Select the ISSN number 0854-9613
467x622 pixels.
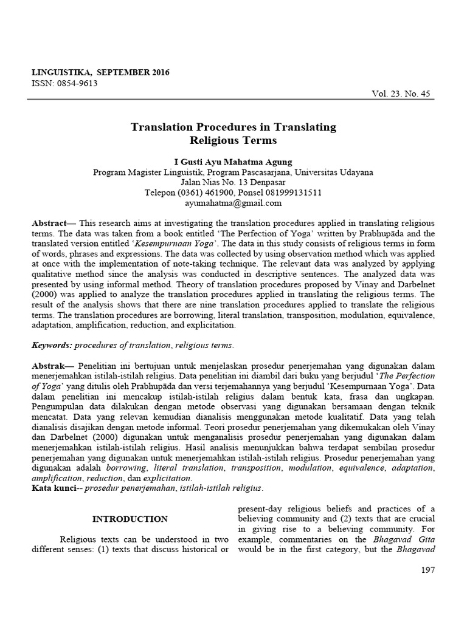point(75,83)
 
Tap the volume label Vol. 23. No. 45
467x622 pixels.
point(401,94)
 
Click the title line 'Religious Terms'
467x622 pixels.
point(233,140)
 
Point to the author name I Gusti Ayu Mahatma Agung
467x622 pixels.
point(233,162)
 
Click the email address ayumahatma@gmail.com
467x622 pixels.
point(233,203)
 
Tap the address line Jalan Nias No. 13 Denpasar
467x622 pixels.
point(233,182)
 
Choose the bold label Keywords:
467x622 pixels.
point(52,345)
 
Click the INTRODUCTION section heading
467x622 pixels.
point(130,519)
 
